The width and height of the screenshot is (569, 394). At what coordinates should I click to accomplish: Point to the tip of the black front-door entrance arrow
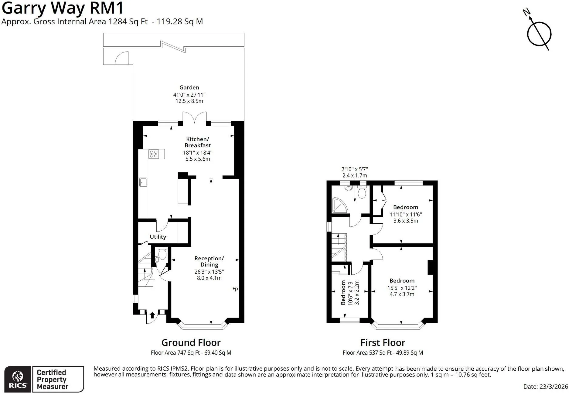coord(152,312)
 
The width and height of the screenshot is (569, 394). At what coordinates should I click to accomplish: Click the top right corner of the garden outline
coord(244,33)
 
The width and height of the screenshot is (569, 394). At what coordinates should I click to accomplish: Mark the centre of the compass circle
coord(539,34)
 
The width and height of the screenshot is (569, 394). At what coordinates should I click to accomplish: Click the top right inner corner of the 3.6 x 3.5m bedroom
coord(432,185)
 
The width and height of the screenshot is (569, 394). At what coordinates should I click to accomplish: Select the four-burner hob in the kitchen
coord(153,154)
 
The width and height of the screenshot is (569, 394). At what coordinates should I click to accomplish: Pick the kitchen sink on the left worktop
coord(143,182)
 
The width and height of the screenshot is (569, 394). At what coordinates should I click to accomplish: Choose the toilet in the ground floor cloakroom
coord(162,253)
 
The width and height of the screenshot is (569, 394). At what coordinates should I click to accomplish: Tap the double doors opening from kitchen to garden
coord(195,117)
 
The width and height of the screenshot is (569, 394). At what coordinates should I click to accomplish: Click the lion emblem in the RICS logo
coord(18,376)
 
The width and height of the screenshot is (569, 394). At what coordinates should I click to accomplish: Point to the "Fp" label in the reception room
coord(235,289)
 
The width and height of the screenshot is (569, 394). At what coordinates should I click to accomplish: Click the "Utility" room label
coord(158,237)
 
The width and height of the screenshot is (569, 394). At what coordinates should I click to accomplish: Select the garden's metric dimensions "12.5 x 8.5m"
coord(189,101)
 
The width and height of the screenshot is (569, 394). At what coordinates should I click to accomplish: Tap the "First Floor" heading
coord(383,342)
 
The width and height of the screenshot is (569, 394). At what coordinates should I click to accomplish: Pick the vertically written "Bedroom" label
coord(343,292)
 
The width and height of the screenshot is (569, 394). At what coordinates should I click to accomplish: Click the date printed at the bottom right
coord(545,386)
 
